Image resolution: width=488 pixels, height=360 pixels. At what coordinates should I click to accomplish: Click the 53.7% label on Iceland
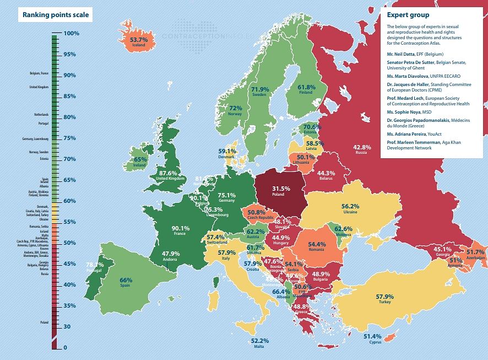[139, 40]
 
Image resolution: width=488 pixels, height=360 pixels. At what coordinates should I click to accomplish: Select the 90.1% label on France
[180, 228]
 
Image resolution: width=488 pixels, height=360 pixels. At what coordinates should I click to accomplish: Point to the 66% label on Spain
[126, 280]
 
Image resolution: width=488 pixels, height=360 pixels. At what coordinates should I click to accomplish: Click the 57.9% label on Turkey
[385, 297]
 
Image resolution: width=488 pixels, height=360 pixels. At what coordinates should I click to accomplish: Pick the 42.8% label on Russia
[362, 147]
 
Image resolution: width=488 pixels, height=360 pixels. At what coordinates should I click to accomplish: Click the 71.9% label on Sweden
[260, 89]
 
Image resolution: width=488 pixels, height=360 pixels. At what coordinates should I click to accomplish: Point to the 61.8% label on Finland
[306, 87]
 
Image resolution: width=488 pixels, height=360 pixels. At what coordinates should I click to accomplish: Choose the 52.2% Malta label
[260, 341]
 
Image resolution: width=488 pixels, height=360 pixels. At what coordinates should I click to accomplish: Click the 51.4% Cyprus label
[372, 336]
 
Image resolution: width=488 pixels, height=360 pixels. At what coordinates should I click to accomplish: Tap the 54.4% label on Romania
[317, 244]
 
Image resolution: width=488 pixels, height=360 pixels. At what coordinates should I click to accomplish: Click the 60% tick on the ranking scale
[70, 201]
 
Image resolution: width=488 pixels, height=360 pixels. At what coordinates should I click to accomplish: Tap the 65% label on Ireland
[140, 159]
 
